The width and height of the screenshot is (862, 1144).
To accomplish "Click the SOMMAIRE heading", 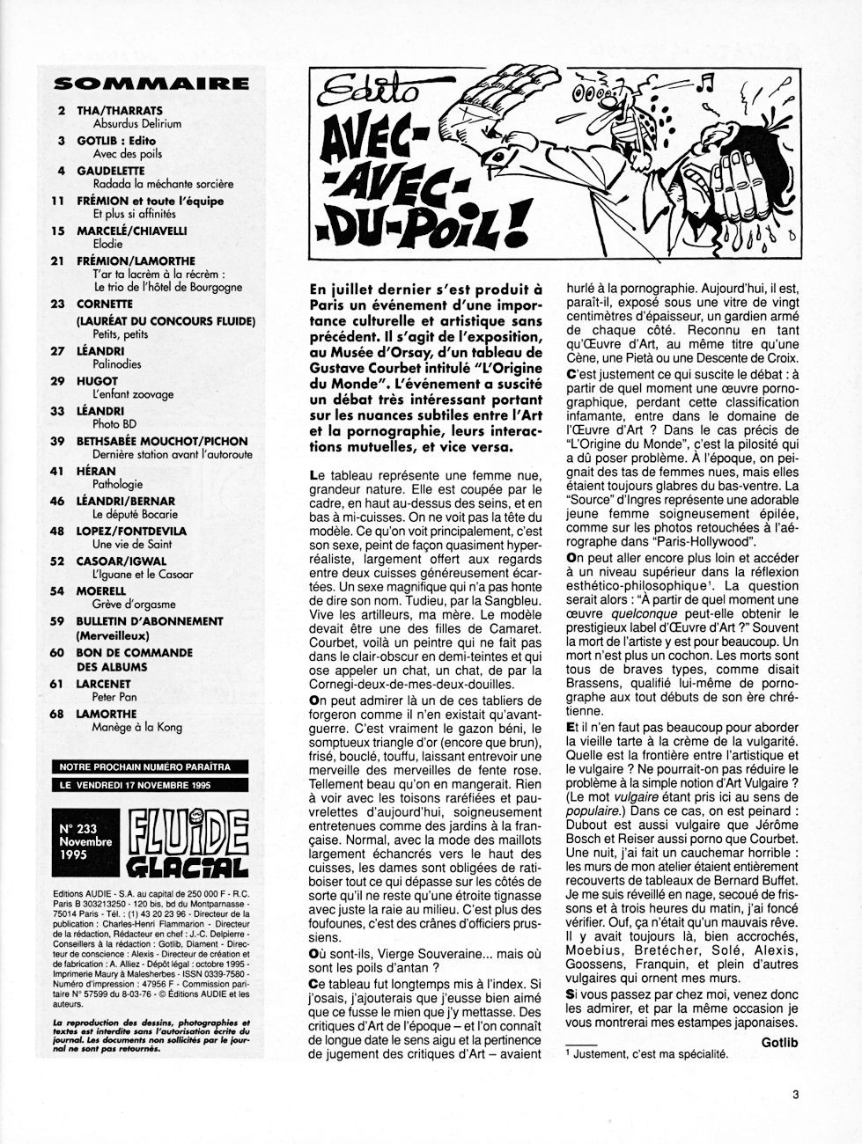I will [151, 84].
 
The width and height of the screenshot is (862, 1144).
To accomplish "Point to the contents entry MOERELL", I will [101, 591].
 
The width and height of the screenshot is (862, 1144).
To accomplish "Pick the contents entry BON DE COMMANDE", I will [134, 653].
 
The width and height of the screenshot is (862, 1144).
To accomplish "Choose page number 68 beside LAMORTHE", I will [59, 714].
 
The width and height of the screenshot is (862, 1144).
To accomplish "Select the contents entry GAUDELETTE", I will [110, 170].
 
